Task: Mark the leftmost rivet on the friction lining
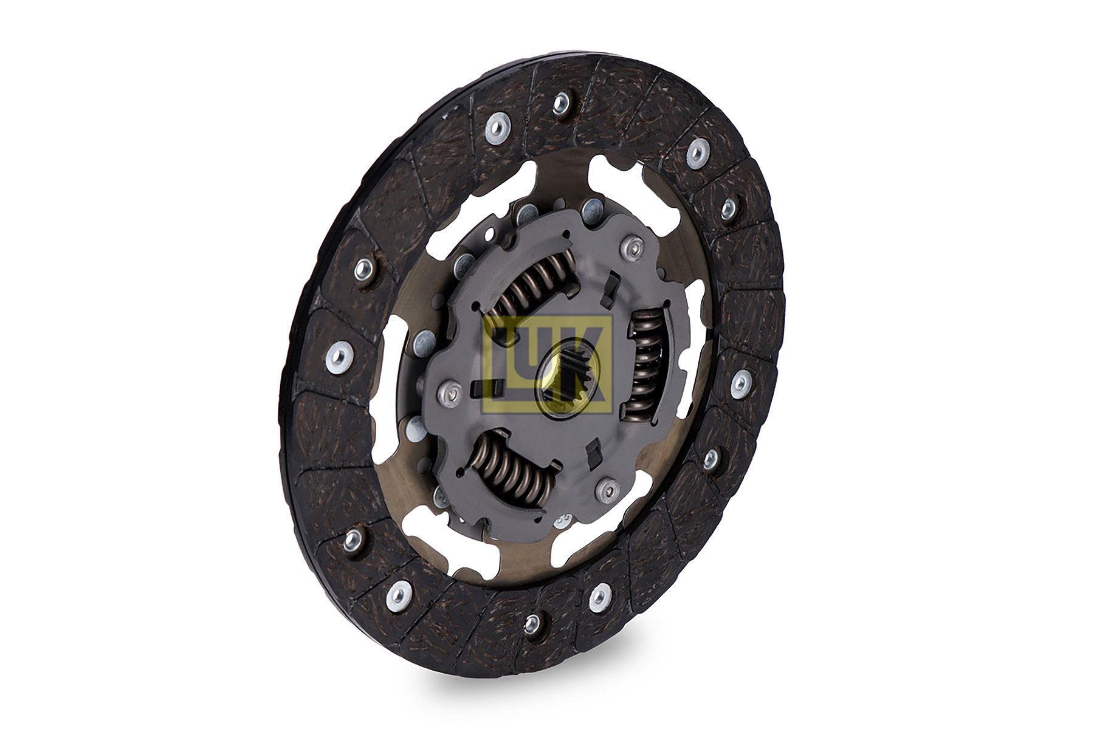point(338,355)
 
